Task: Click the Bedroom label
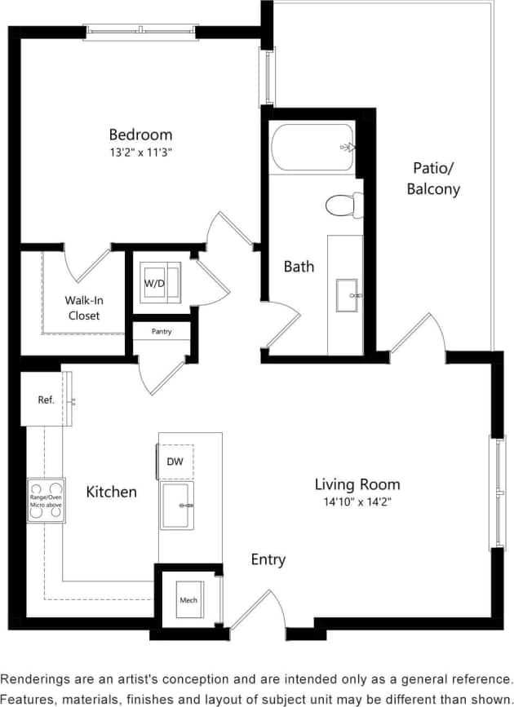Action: (141, 135)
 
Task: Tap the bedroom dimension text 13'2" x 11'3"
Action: (141, 152)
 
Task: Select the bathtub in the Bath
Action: (312, 148)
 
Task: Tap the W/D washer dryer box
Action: (159, 282)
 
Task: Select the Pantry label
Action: (162, 332)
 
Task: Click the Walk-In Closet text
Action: (84, 307)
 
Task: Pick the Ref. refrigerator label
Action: (46, 400)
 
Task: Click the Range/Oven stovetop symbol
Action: (46, 500)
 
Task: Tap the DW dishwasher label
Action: (175, 462)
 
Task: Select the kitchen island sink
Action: (176, 506)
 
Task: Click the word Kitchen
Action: (112, 492)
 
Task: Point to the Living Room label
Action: (357, 484)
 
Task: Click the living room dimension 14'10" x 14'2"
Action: (357, 502)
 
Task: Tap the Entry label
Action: (268, 559)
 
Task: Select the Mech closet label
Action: (188, 600)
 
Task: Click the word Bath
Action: (299, 266)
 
